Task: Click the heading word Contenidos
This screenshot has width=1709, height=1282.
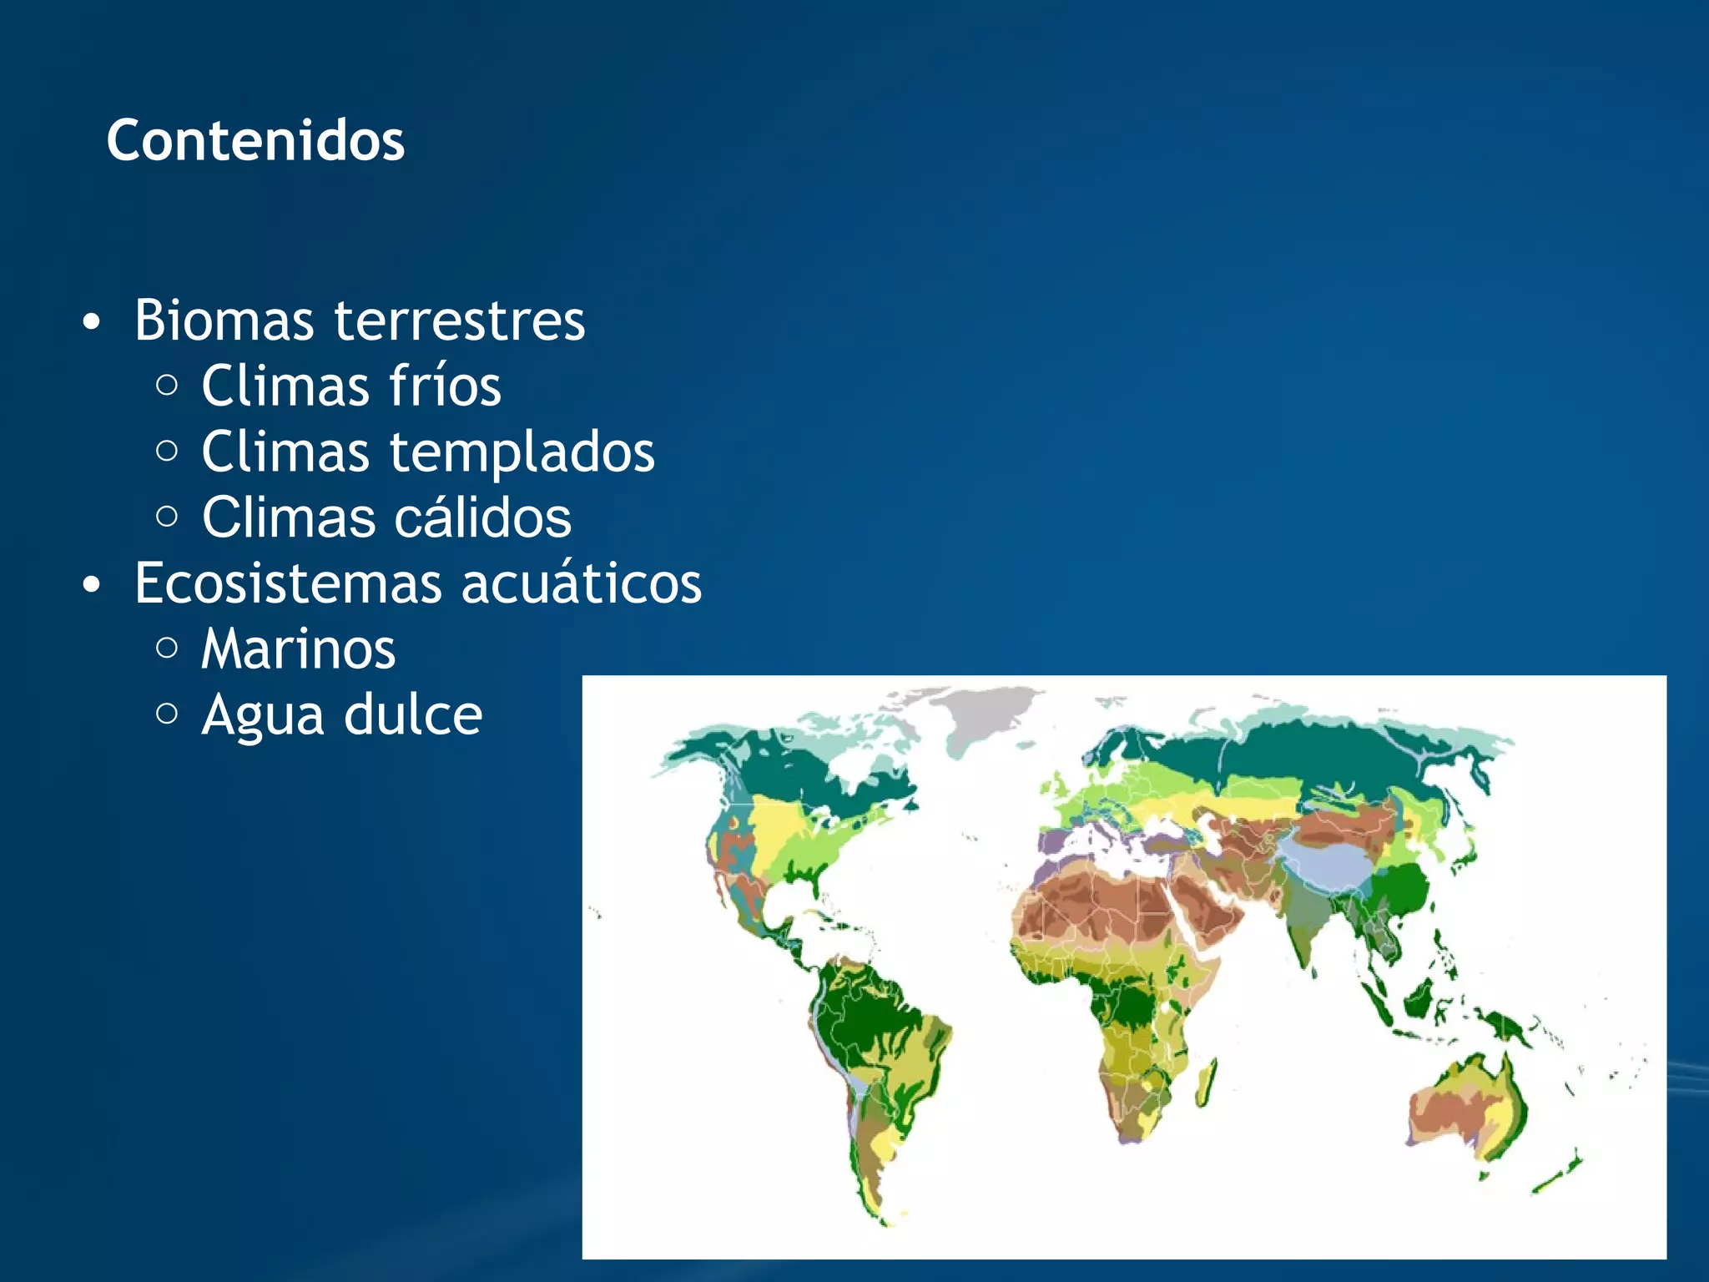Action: (255, 140)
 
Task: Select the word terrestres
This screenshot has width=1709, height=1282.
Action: (460, 320)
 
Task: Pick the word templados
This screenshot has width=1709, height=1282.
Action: (522, 452)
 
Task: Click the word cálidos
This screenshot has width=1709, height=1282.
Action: (482, 518)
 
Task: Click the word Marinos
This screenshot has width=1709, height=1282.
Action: (298, 649)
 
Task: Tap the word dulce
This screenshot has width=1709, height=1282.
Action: (413, 715)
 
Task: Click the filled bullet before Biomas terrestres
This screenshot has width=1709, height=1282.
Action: (92, 322)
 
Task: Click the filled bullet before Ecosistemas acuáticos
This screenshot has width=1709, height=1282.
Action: (92, 585)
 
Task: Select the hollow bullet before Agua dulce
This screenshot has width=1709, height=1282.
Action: (167, 714)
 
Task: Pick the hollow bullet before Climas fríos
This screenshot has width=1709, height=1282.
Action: (167, 385)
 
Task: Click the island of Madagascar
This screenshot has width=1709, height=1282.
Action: (1205, 1085)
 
